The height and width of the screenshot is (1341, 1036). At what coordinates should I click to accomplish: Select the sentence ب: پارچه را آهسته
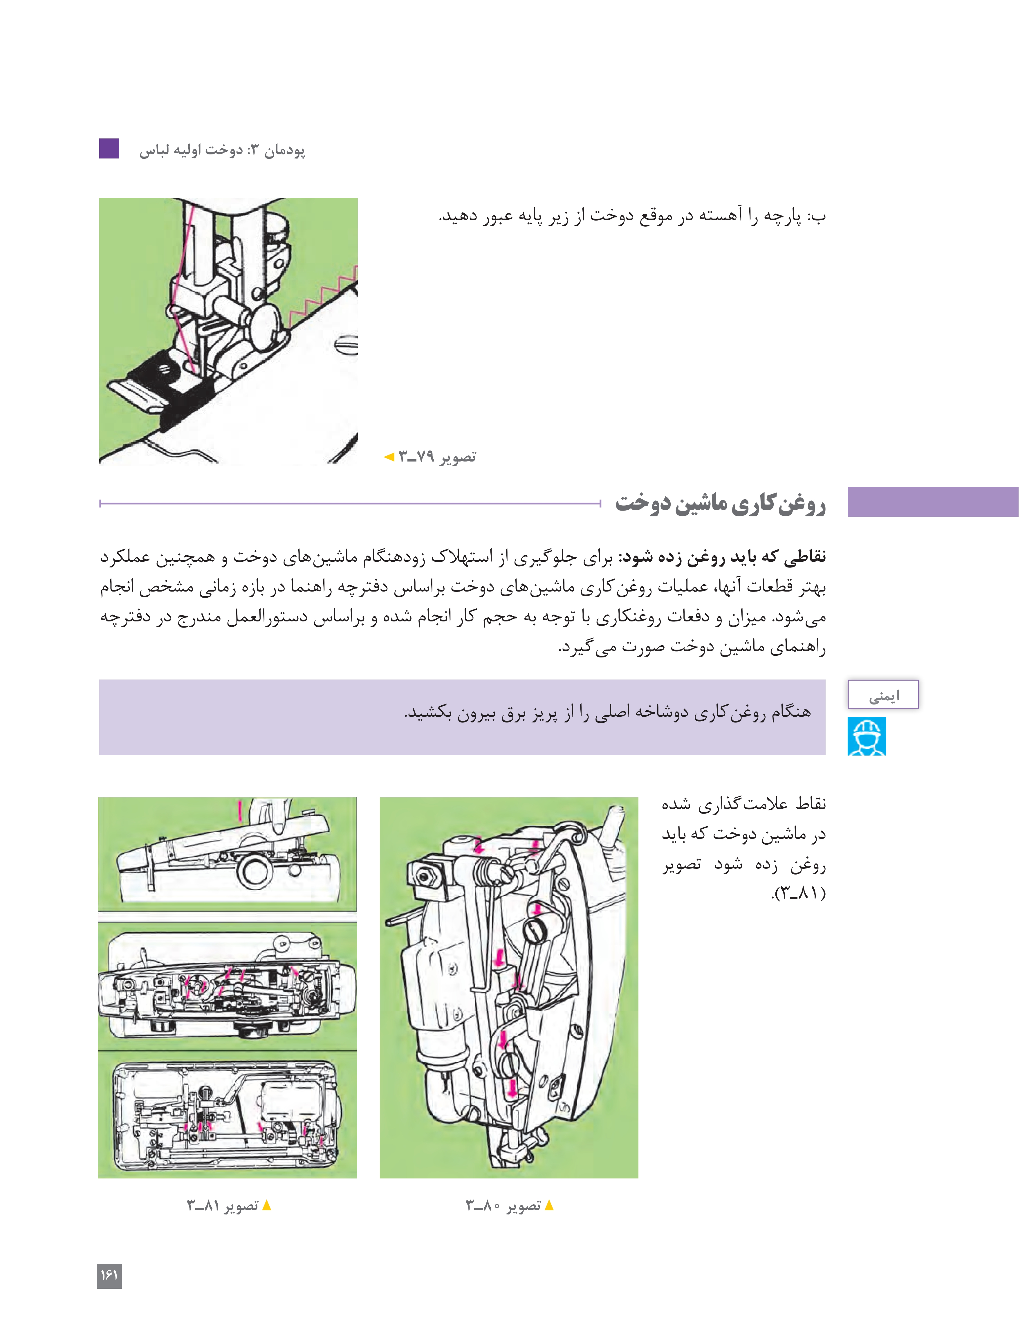[x=632, y=216]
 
